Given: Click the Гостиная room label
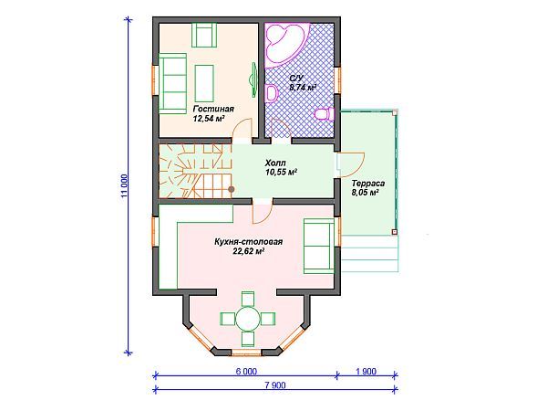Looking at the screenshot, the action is click(x=213, y=109).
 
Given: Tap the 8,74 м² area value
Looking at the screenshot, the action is click(x=303, y=88).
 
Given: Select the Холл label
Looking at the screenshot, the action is click(x=275, y=163).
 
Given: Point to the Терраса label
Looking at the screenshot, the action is click(x=368, y=184).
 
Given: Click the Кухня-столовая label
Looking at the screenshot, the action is click(x=248, y=241).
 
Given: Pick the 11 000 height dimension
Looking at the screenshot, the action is click(x=125, y=185).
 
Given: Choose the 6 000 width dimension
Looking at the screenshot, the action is click(x=246, y=371).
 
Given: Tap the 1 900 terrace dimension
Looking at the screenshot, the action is click(x=366, y=371).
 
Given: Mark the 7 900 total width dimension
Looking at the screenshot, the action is click(x=275, y=385).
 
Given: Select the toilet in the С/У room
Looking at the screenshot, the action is click(x=325, y=114).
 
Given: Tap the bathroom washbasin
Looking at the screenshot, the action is click(x=271, y=93).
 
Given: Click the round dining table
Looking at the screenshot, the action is click(x=248, y=319).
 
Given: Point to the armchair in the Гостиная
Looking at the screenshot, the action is click(x=204, y=35).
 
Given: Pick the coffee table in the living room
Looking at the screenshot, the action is click(x=204, y=83).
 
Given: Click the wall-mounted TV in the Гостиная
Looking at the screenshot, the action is click(x=253, y=79).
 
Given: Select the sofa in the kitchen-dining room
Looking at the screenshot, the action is click(x=318, y=246).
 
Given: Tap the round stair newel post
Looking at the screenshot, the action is click(x=232, y=189).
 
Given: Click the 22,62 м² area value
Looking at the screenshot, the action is click(x=248, y=251).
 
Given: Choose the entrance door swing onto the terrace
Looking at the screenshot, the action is click(x=351, y=164).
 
